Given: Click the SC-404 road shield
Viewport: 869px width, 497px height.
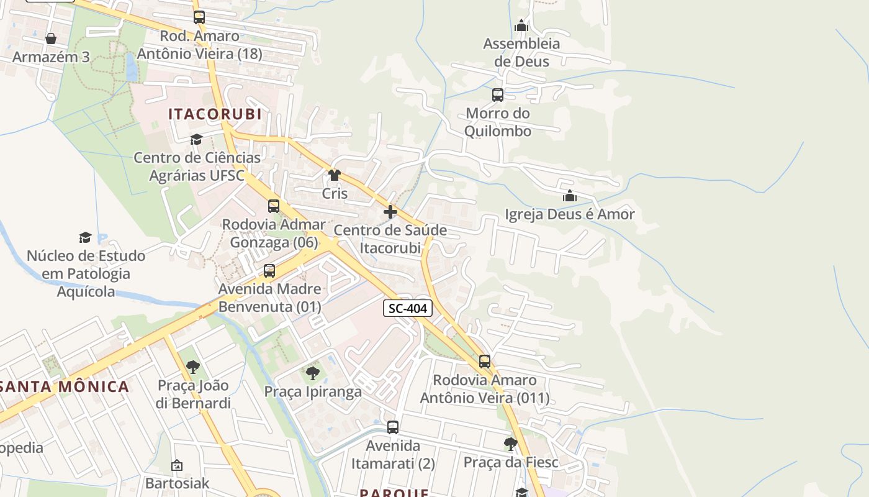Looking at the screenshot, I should click(408, 308).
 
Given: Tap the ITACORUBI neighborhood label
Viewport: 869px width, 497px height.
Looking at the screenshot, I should click(215, 114).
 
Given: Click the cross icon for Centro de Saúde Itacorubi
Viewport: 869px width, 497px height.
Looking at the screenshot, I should click(390, 212).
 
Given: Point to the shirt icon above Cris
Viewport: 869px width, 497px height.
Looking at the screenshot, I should click(335, 175).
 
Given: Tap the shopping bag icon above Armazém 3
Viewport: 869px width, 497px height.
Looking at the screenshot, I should click(51, 39).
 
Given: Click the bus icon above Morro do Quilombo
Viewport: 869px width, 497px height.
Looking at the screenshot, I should click(498, 95).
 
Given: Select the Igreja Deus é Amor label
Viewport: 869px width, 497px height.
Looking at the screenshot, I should click(569, 214).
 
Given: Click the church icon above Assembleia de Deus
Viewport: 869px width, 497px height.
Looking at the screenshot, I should click(521, 26).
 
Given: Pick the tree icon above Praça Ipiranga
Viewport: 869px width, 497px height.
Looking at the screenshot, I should click(313, 373).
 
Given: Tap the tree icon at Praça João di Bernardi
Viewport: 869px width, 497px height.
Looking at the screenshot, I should click(193, 367).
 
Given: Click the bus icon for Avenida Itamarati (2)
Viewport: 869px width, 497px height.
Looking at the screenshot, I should click(393, 427).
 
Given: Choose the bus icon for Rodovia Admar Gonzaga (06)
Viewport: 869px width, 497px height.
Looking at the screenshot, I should click(274, 206).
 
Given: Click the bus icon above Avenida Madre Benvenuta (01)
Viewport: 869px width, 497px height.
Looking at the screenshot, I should click(269, 271).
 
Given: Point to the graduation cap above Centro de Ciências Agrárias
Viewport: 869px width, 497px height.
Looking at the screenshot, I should click(197, 139).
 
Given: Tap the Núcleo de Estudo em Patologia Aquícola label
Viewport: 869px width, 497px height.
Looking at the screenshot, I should click(86, 273).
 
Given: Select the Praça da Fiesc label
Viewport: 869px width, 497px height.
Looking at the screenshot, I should click(511, 462).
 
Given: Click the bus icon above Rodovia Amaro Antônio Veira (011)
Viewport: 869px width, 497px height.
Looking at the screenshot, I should click(485, 362).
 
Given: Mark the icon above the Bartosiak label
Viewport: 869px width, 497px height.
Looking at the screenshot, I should click(177, 465).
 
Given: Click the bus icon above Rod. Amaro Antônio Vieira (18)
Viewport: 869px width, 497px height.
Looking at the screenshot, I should click(199, 17).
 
